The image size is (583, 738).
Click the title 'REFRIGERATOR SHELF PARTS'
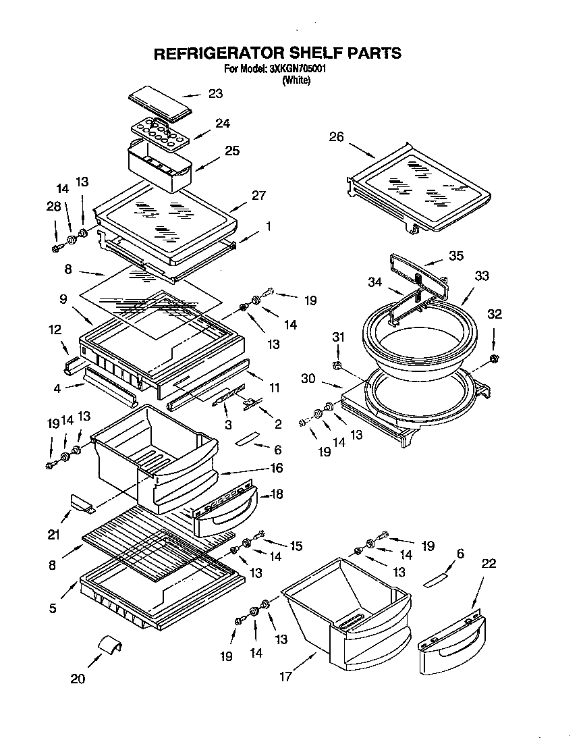278,53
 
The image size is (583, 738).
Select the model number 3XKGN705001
297,69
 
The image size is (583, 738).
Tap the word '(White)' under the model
296,80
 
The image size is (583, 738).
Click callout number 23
215,94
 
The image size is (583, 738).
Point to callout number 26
336,137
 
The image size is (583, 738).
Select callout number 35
457,255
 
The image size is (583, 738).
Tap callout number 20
78,679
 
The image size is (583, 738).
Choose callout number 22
489,564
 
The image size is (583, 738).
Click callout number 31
338,338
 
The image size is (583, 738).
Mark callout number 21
54,535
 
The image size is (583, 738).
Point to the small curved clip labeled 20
111,644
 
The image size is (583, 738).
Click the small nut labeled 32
495,357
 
